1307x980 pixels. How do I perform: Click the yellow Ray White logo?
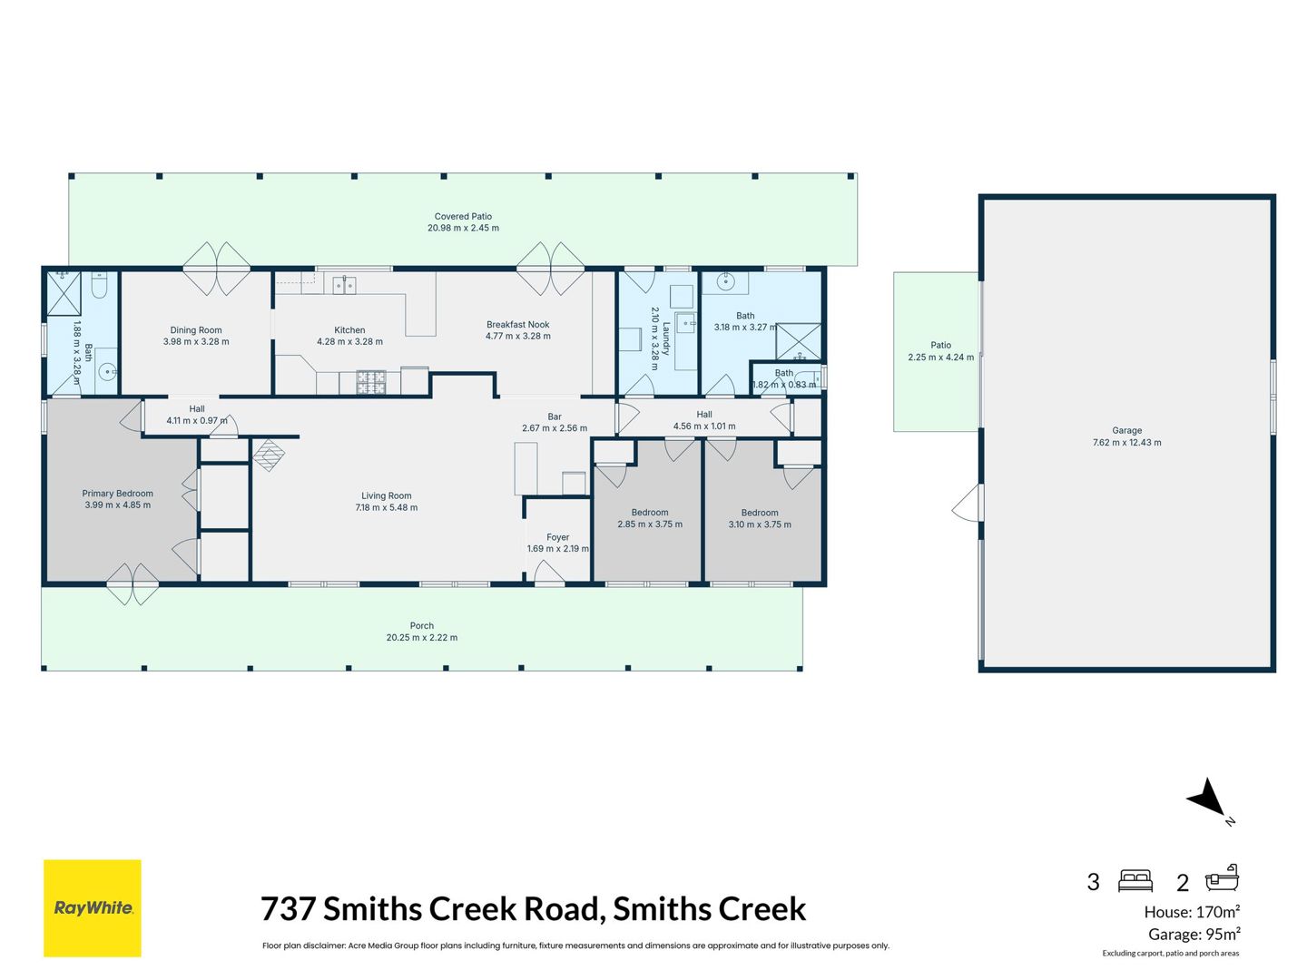[x=93, y=908]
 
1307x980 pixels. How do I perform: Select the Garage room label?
[x=1126, y=431]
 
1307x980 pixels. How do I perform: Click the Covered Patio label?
[x=463, y=217]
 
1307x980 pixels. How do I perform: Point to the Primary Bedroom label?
[x=117, y=494]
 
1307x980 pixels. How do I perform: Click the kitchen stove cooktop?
[x=371, y=382]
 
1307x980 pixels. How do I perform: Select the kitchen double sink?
[x=344, y=285]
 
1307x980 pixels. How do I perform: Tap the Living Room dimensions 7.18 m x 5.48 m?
[x=387, y=507]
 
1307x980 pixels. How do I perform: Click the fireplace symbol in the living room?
[x=269, y=456]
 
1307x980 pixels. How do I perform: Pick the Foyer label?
[x=557, y=537]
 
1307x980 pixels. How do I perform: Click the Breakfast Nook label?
[x=517, y=325]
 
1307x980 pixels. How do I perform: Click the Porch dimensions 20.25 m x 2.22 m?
[x=421, y=637]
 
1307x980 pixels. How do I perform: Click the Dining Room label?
[x=196, y=330]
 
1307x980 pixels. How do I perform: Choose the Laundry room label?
[x=665, y=338]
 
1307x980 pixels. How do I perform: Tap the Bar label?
[x=555, y=417]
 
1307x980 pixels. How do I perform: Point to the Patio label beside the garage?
[x=941, y=345]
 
